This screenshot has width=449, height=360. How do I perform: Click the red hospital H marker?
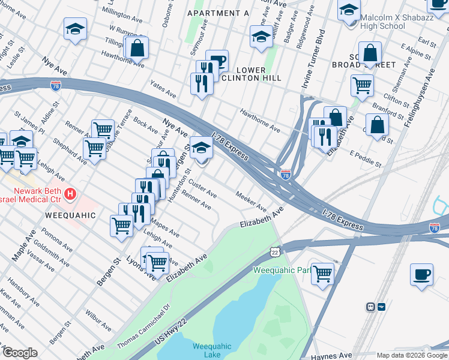(71, 194)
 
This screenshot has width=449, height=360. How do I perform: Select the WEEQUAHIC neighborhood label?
(69, 214)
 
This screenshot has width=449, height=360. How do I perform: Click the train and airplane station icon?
(376, 307)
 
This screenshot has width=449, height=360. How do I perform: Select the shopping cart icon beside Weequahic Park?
(322, 273)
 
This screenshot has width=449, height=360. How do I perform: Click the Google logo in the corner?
(20, 353)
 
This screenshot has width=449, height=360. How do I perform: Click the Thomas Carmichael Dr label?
(143, 323)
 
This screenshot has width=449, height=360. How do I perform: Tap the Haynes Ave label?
(329, 355)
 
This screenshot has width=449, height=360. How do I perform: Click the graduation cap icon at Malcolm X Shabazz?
(349, 10)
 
